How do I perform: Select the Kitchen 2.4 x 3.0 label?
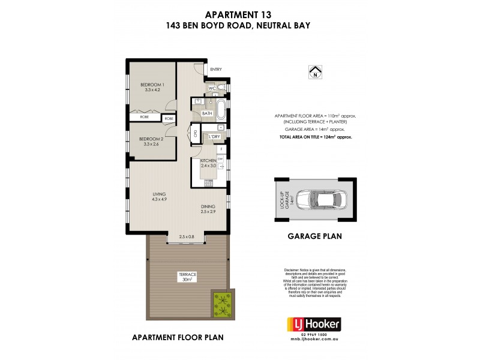[209, 164]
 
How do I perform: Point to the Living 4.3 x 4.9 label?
[159, 197]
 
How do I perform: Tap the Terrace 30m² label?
[187, 277]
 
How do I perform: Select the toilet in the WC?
[221, 89]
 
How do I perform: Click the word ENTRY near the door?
[216, 70]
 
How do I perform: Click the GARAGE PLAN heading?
[314, 236]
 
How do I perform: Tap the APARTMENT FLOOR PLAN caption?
[178, 338]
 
